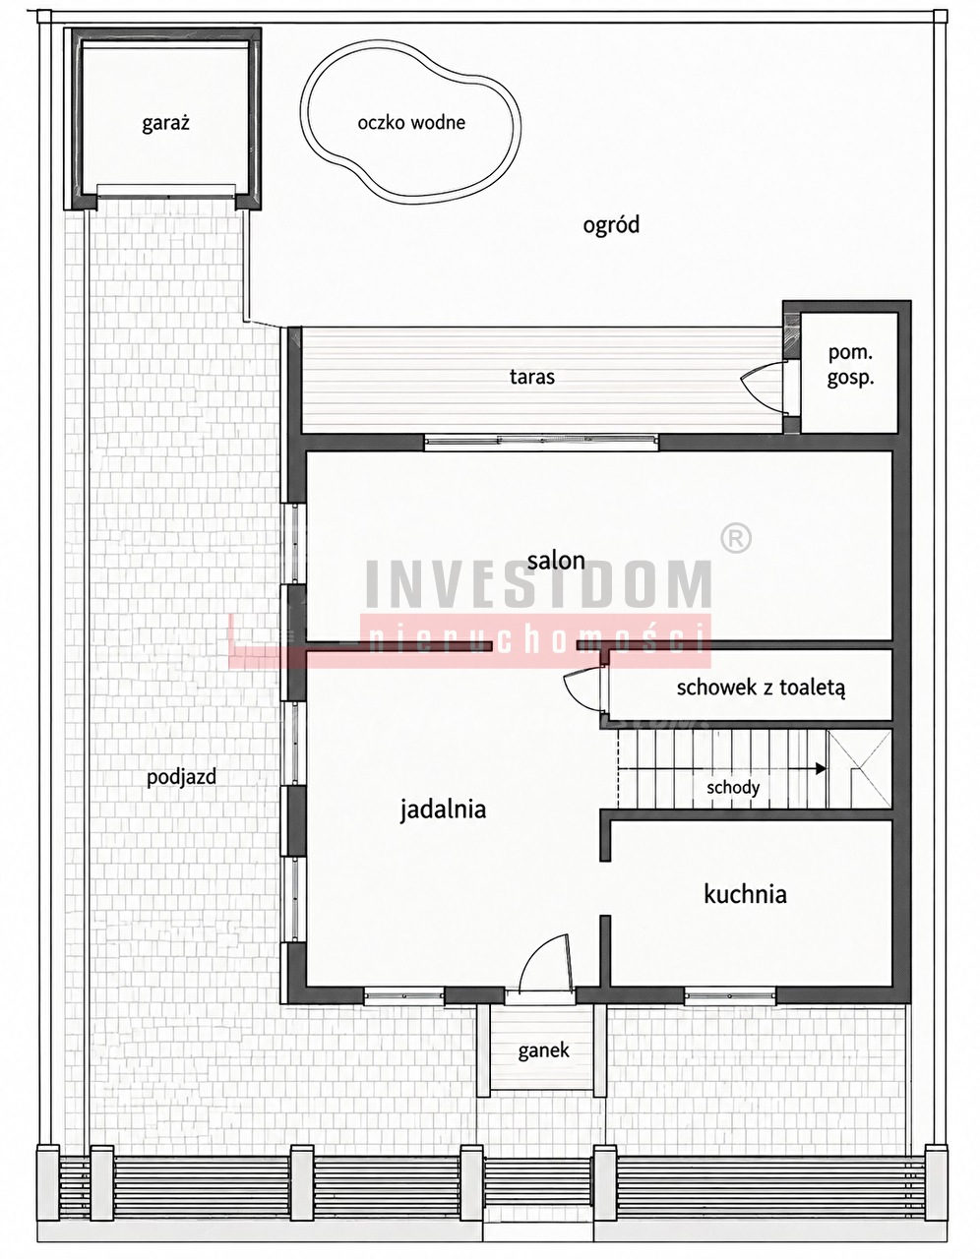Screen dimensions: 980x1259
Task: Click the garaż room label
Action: [x=165, y=124]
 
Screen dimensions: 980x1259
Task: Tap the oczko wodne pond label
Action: [x=411, y=123]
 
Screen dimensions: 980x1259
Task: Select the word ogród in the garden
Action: [x=611, y=225]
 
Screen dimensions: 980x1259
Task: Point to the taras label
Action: [x=531, y=377]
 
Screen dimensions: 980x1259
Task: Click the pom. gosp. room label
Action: [x=849, y=365]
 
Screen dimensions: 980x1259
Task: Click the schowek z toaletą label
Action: [x=761, y=688]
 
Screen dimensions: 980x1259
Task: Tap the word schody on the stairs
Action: [x=732, y=788]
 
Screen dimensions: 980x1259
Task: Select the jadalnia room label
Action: [x=443, y=809]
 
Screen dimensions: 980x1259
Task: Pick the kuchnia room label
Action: [x=745, y=894]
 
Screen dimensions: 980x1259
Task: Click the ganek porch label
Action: [x=543, y=1050]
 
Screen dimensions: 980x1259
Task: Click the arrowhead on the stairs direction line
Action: [x=821, y=769]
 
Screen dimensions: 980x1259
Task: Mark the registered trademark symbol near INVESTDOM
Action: [x=736, y=538]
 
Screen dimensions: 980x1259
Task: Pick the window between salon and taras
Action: [x=541, y=442]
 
